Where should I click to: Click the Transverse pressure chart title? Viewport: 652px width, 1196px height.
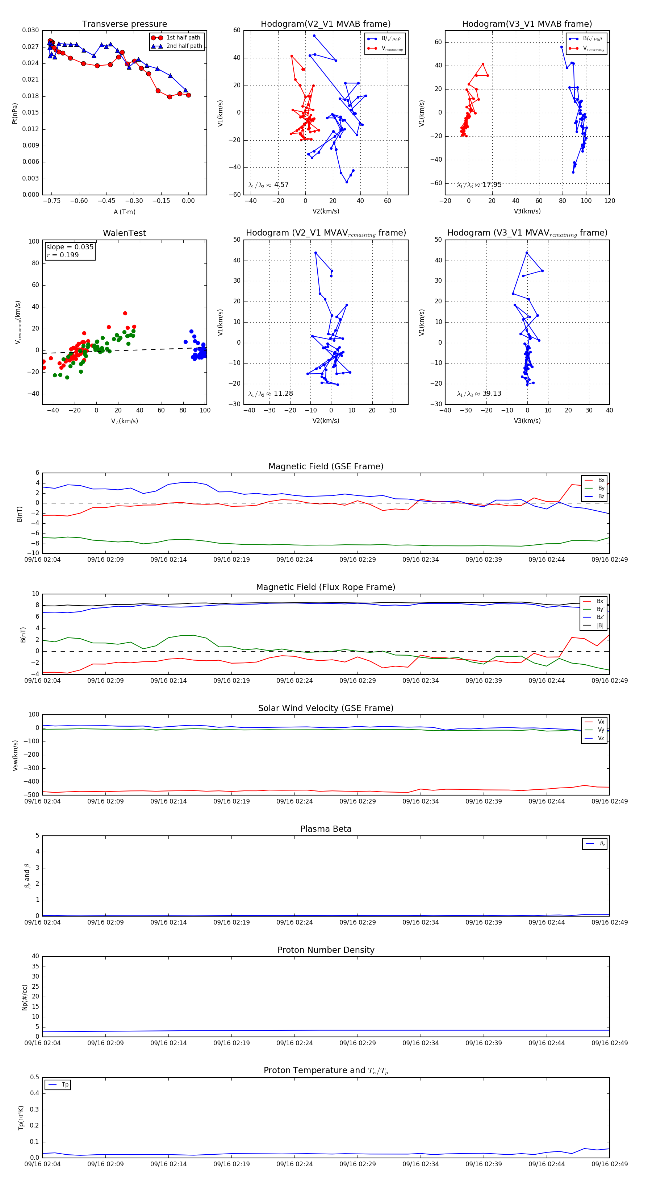[x=124, y=24]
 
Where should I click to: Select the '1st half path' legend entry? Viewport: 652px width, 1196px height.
[x=183, y=38]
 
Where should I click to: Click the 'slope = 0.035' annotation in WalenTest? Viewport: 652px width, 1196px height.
[x=70, y=247]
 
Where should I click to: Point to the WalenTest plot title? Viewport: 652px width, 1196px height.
[x=124, y=233]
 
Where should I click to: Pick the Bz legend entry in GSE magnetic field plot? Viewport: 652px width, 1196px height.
[x=601, y=496]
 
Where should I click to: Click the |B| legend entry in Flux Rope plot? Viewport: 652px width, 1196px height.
[x=599, y=626]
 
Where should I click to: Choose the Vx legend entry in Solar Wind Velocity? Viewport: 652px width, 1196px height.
[x=601, y=722]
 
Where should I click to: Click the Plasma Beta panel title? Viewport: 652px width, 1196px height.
[x=326, y=829]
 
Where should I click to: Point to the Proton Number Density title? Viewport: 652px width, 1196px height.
[x=326, y=950]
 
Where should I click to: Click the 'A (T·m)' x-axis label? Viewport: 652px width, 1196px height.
[x=124, y=212]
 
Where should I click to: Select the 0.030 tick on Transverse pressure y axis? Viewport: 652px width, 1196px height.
[x=31, y=30]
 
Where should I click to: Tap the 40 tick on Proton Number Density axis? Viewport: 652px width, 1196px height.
[x=35, y=956]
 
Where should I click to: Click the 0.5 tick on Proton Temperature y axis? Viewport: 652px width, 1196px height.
[x=34, y=1077]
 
